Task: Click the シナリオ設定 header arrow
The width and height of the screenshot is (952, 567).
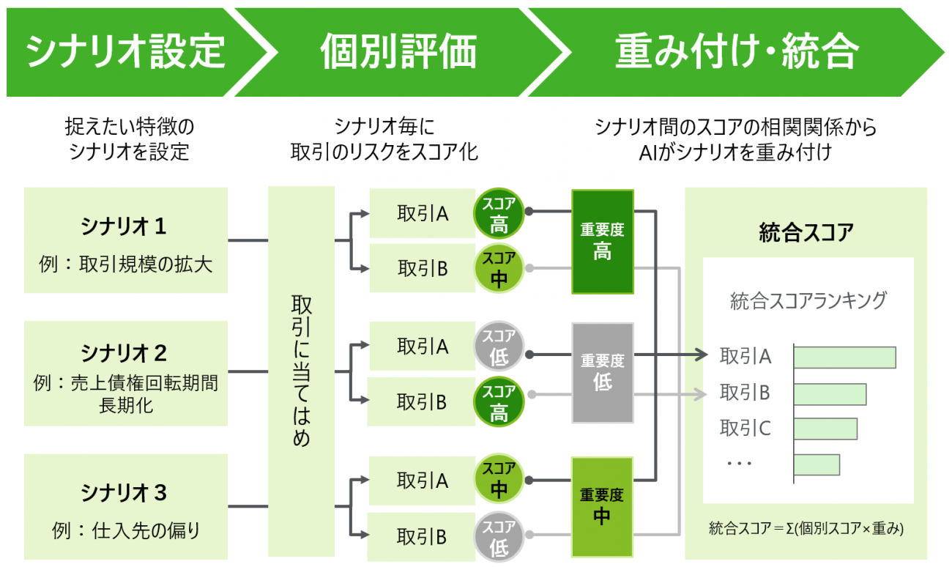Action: pos(124,52)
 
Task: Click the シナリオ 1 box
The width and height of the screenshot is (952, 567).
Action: pos(125,240)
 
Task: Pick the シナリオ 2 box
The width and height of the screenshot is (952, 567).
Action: pos(125,373)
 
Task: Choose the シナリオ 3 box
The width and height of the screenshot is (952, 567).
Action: pos(125,506)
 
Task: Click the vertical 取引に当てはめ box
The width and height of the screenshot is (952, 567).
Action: pos(301,371)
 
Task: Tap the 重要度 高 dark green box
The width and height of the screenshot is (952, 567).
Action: pos(602,242)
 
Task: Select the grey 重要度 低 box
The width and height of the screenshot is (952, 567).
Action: pos(602,372)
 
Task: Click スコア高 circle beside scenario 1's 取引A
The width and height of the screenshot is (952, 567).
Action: pos(499,213)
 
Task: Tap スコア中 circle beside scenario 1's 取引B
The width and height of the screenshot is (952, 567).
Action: pos(499,269)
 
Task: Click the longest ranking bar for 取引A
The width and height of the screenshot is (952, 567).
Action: pos(844,357)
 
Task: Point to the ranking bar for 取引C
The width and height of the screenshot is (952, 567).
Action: pos(825,429)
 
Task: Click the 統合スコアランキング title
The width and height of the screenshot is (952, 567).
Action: pos(808,300)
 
